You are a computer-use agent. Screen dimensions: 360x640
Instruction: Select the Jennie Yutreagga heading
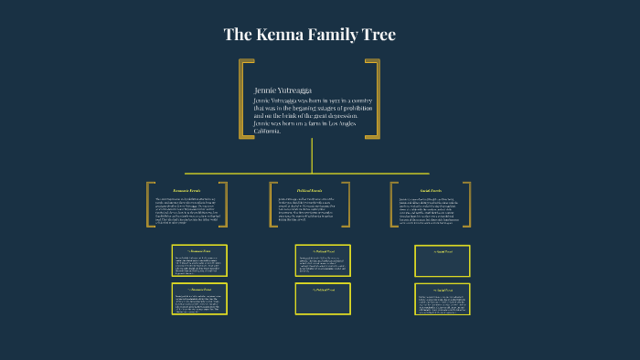point(284,90)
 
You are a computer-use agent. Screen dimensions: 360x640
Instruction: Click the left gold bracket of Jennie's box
point(244,99)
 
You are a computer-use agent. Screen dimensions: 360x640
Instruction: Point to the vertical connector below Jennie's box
point(312,155)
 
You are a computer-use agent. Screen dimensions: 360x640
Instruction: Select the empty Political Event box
point(322,299)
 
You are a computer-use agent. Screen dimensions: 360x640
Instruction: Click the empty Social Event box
point(443,260)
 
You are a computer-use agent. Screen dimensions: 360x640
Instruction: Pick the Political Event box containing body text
point(322,260)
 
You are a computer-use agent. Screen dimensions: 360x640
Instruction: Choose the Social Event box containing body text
point(443,299)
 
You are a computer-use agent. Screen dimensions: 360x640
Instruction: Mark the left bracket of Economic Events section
point(149,204)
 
